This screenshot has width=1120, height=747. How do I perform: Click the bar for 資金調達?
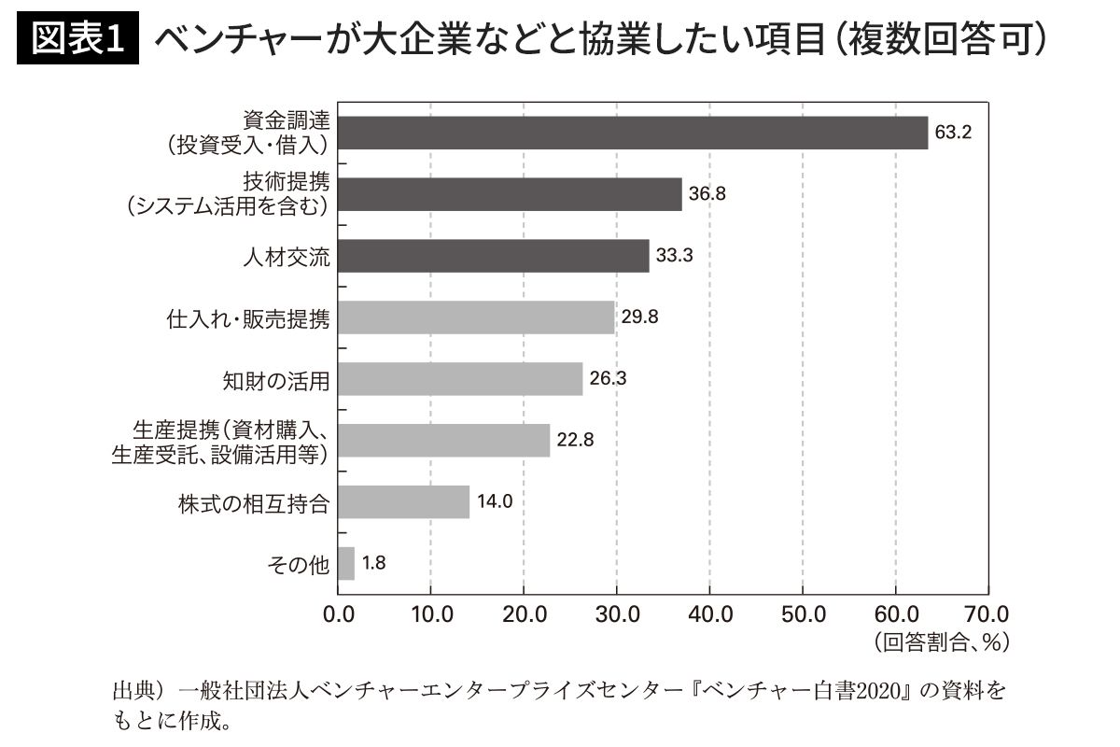633,133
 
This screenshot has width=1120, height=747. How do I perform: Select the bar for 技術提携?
510,194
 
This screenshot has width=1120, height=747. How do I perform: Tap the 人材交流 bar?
493,256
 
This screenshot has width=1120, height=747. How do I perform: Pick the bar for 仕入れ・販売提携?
476,317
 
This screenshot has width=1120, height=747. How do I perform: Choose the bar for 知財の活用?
460,379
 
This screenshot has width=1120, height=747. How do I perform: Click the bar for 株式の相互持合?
403,501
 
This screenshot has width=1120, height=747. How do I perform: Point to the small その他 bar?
346,563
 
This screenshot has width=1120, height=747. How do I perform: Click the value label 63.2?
953,133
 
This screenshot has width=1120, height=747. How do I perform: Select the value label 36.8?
707,194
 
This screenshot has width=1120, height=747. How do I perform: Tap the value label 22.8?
576,441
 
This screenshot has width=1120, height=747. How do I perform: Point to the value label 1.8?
373,564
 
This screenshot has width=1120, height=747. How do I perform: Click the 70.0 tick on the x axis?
988,614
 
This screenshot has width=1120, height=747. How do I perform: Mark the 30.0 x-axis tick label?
617,614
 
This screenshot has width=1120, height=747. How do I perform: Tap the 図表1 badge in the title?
78,39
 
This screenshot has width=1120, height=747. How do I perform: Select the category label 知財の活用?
277,380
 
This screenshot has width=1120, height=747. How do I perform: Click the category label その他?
300,563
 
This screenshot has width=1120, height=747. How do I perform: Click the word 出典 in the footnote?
133,692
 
